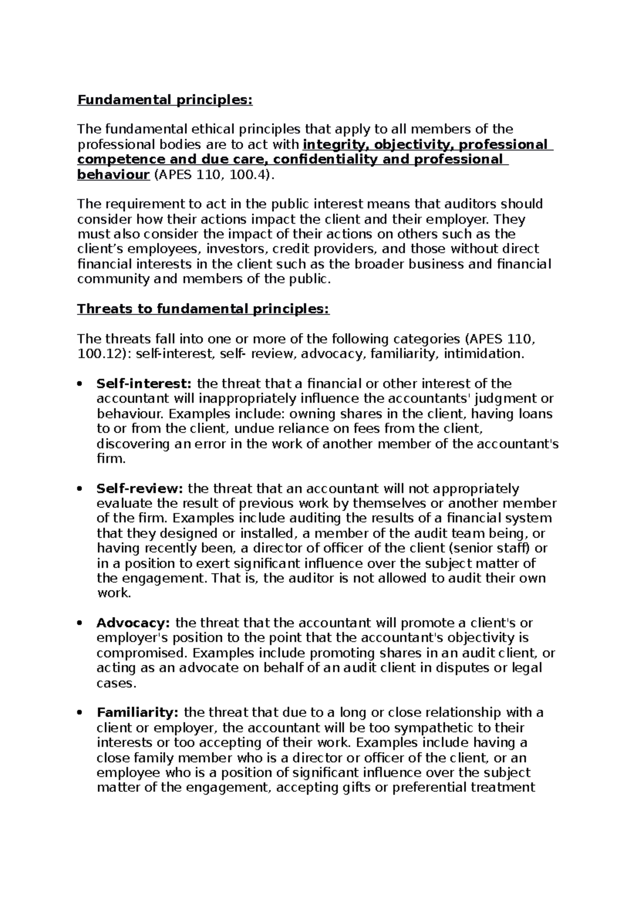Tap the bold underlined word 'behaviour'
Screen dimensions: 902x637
point(113,175)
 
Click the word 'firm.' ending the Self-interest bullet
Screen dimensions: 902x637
point(111,458)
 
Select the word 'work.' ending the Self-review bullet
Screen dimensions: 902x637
point(114,593)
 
